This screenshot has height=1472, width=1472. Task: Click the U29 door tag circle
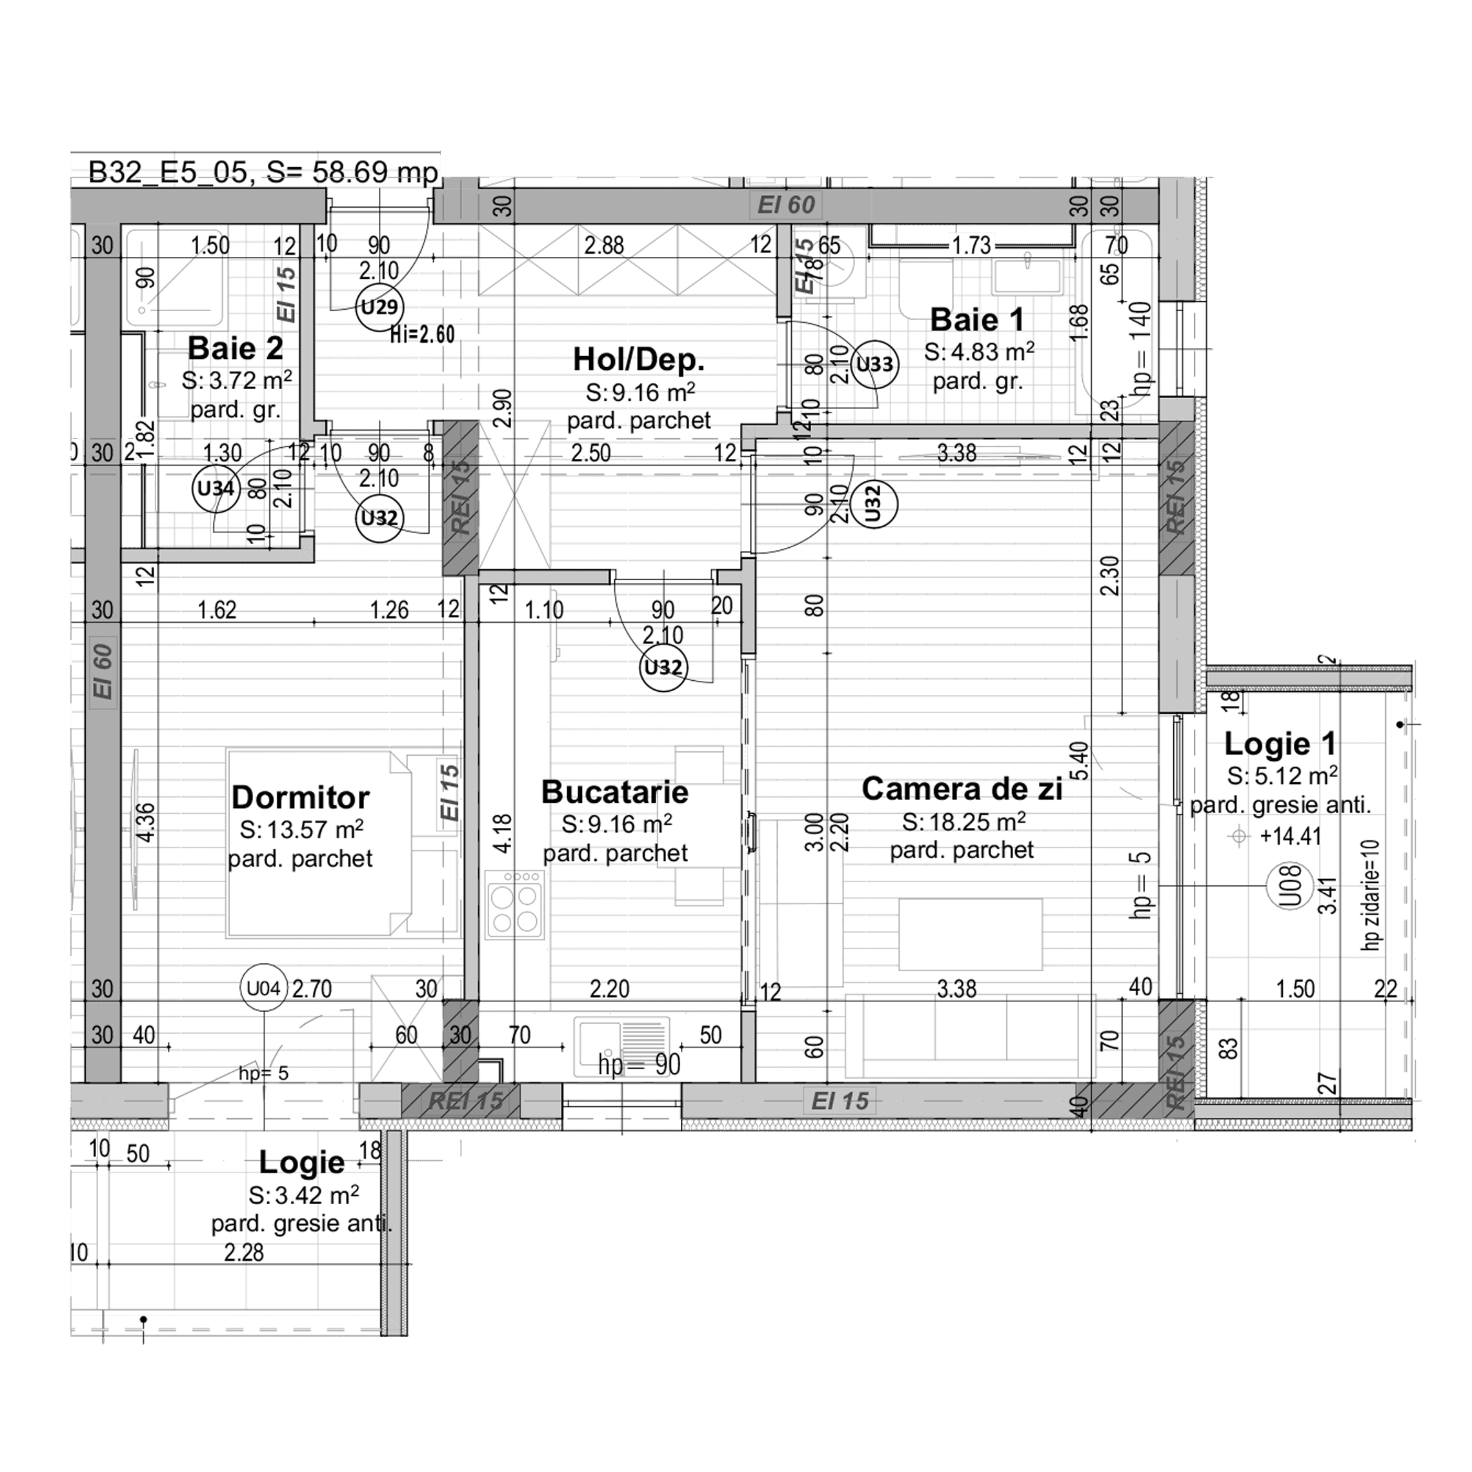click(379, 307)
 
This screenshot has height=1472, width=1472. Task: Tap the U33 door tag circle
click(874, 364)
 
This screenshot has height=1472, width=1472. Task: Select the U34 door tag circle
click(216, 489)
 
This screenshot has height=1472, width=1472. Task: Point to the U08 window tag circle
click(1289, 887)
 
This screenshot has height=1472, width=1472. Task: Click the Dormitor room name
click(300, 798)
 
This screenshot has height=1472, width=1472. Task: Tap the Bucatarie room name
click(614, 792)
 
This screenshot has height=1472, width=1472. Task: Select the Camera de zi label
click(962, 789)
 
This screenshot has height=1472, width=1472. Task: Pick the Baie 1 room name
click(977, 320)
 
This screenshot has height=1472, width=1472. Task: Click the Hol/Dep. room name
click(638, 359)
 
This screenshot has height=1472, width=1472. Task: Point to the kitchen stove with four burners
click(515, 903)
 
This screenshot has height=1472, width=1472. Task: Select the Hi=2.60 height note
click(422, 334)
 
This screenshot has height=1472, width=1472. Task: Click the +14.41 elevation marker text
click(1290, 836)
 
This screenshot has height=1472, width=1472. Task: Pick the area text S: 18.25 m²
click(963, 822)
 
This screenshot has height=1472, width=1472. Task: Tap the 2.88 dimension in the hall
click(603, 245)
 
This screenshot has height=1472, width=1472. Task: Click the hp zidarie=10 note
click(1371, 894)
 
